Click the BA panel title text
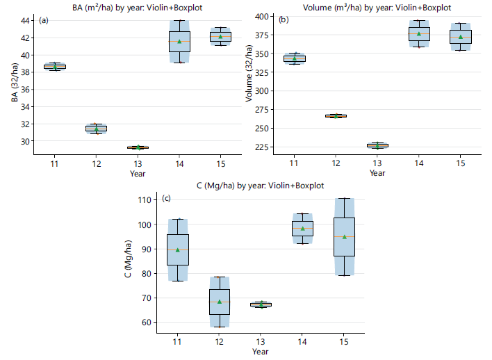(138, 7)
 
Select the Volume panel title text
(377, 7)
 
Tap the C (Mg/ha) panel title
(260, 186)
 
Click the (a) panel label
(44, 20)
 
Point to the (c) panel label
(166, 198)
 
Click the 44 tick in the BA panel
(25, 21)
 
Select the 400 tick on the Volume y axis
(262, 16)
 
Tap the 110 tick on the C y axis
(145, 200)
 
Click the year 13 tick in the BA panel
(138, 164)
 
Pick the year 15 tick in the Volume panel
(460, 163)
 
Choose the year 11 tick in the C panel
(177, 341)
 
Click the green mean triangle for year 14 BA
(179, 42)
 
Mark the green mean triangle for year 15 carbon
(345, 237)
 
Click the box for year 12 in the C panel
(220, 302)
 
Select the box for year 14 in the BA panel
(179, 42)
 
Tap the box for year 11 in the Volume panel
(295, 58)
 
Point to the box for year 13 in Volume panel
(377, 146)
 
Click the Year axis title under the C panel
(260, 352)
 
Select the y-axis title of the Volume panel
(249, 74)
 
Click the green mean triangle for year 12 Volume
(336, 116)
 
